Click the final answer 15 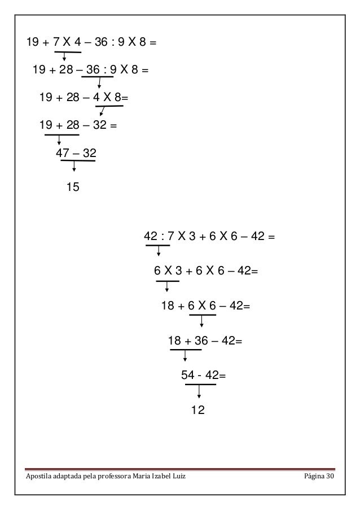73,187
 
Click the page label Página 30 317,479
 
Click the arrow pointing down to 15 74,167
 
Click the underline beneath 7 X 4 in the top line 68,52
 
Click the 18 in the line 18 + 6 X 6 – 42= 168,306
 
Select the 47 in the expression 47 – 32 63,153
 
